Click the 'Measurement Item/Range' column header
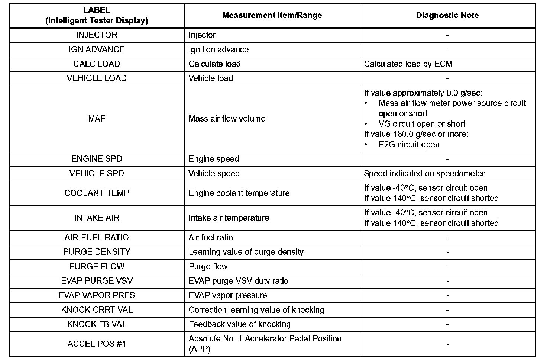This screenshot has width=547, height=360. (272, 15)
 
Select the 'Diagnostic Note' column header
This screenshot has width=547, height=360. (447, 15)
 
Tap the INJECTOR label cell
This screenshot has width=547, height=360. (97, 35)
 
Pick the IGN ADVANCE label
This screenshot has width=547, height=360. (97, 49)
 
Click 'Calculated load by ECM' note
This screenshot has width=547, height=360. (408, 64)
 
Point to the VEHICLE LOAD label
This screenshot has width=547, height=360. (97, 78)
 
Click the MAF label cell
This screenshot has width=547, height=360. (97, 119)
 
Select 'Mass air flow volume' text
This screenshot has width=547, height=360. (227, 119)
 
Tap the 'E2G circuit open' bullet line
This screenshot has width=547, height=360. (409, 144)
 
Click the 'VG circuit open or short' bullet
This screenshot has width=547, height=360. (422, 124)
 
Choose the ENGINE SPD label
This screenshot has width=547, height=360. (97, 159)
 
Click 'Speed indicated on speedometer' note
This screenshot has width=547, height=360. (424, 173)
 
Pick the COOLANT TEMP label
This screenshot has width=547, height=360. (97, 193)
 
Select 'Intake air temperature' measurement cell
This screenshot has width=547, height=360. (229, 218)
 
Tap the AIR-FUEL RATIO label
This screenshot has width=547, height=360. (97, 237)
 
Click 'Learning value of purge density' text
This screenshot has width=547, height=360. (246, 252)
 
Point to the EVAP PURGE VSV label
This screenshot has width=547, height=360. (97, 281)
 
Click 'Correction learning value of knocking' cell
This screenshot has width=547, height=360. (256, 310)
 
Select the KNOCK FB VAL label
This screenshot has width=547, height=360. (97, 324)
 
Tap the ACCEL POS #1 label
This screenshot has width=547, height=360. (97, 344)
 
